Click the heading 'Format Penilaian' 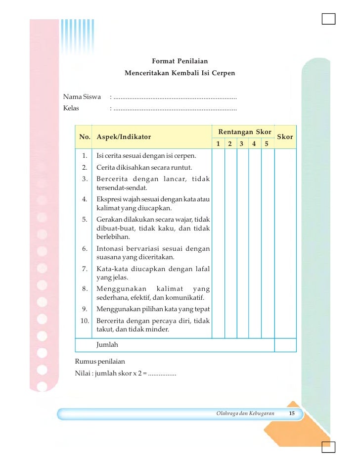pyautogui.click(x=180, y=61)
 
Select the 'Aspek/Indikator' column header pyautogui.click(x=124, y=137)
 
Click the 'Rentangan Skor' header pyautogui.click(x=244, y=132)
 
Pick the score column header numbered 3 pyautogui.click(x=241, y=144)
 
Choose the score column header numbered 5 pyautogui.click(x=266, y=144)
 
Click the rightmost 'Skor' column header pyautogui.click(x=285, y=137)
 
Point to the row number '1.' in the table pyautogui.click(x=85, y=156)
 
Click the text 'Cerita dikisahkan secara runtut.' pyautogui.click(x=144, y=167)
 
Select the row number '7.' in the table pyautogui.click(x=85, y=269)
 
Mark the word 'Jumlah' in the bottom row pyautogui.click(x=107, y=344)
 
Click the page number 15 pyautogui.click(x=292, y=413)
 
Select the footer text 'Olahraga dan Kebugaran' pyautogui.click(x=245, y=413)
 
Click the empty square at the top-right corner pyautogui.click(x=328, y=19)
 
